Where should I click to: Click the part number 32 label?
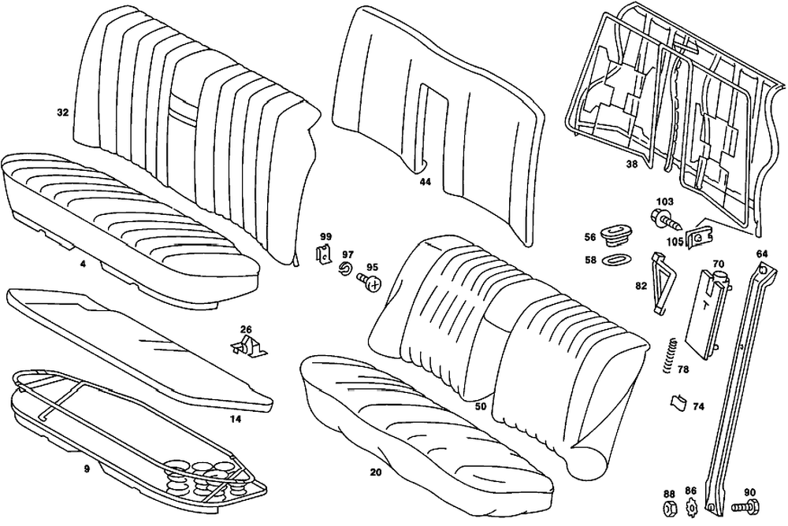pos(62,113)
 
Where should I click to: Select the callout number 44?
pos(426,181)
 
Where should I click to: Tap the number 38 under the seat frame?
pos(631,165)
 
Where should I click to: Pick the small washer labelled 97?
pos(344,270)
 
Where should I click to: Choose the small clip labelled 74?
pos(677,403)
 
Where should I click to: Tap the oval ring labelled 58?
pos(613,259)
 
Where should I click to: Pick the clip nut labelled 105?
pos(698,235)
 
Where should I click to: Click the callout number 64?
pos(761,254)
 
